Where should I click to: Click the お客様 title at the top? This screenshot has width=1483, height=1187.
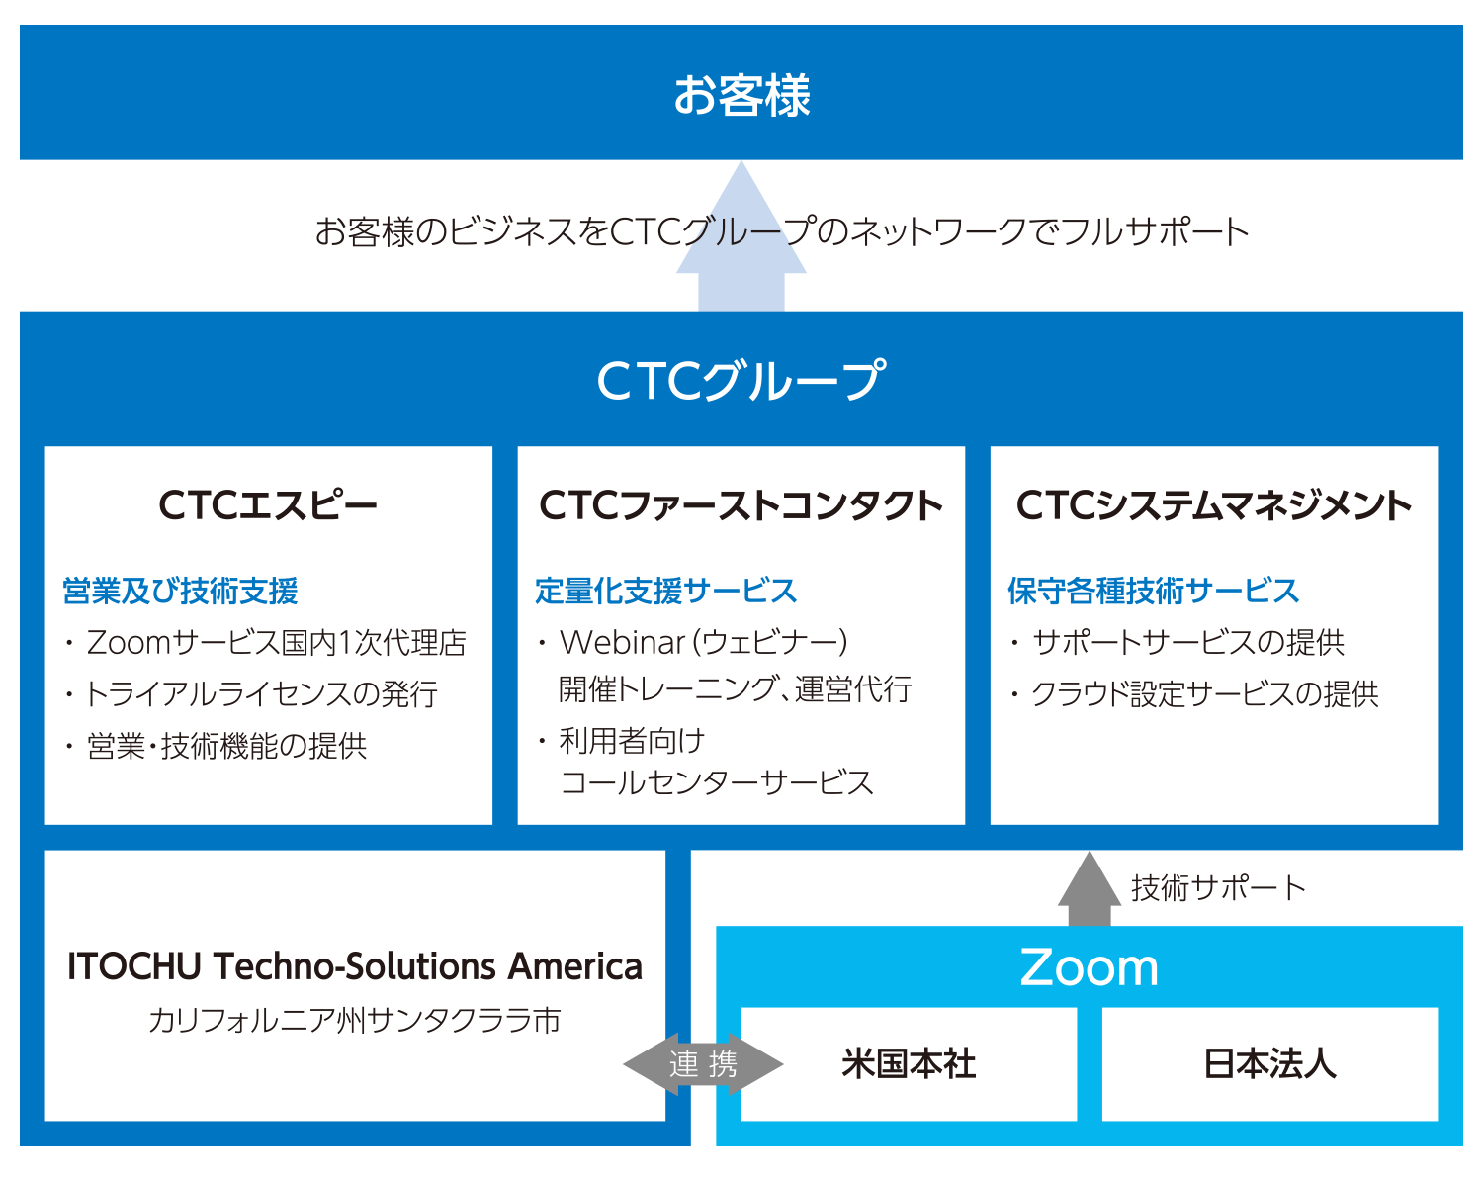pyautogui.click(x=741, y=95)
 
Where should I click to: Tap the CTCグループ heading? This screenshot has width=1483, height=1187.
pyautogui.click(x=741, y=381)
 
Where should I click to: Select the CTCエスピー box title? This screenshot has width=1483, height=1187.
pyautogui.click(x=268, y=505)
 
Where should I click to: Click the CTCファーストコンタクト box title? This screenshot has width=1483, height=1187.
pyautogui.click(x=741, y=505)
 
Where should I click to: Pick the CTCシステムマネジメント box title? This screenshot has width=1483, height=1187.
pyautogui.click(x=1214, y=505)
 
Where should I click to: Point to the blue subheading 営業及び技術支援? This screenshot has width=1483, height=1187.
pyautogui.click(x=180, y=591)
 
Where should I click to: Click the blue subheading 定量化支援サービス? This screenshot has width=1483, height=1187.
pyautogui.click(x=665, y=591)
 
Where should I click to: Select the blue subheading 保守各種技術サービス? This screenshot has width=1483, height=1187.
pyautogui.click(x=1153, y=591)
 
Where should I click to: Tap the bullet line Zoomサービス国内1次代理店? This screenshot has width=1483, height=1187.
pyautogui.click(x=276, y=643)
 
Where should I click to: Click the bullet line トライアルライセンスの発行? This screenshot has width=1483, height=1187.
pyautogui.click(x=261, y=694)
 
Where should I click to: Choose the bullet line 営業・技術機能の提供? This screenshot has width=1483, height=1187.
pyautogui.click(x=226, y=746)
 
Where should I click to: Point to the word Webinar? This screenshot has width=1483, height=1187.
pyautogui.click(x=622, y=643)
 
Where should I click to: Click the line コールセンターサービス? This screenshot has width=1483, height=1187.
pyautogui.click(x=717, y=783)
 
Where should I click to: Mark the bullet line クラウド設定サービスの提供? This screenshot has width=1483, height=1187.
pyautogui.click(x=1204, y=694)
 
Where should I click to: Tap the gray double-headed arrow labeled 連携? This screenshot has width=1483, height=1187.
pyautogui.click(x=703, y=1064)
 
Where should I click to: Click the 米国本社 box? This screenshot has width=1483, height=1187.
pyautogui.click(x=909, y=1064)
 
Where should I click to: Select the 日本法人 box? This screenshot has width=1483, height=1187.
pyautogui.click(x=1269, y=1064)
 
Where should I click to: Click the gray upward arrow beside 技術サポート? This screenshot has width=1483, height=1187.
pyautogui.click(x=1089, y=889)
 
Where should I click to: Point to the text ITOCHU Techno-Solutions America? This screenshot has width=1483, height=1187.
pyautogui.click(x=355, y=966)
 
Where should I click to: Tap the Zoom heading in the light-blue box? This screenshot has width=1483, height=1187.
pyautogui.click(x=1089, y=967)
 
